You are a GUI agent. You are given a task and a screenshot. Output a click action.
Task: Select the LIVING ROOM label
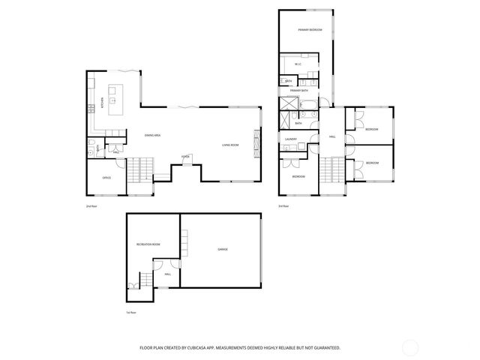[230, 145]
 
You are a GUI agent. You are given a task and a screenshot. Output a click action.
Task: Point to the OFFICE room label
[106, 178]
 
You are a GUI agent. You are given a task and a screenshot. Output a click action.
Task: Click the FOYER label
[185, 156]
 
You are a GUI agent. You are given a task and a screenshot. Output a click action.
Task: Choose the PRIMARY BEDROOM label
[310, 30]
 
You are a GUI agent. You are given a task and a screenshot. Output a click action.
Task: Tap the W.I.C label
[298, 64]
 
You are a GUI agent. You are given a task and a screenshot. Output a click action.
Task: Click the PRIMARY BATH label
[301, 90]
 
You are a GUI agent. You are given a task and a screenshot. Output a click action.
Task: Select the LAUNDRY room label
[292, 139]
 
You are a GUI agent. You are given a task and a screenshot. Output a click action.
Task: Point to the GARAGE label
[223, 249]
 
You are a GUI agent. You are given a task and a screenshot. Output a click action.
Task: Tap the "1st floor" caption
[131, 312]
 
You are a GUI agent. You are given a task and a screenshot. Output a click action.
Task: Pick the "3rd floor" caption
[283, 205]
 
